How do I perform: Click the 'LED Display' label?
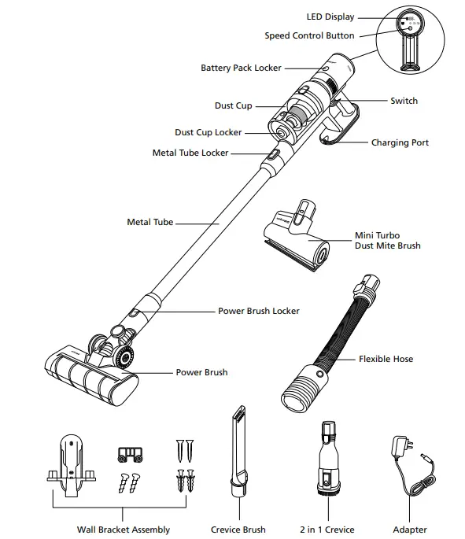(x=330, y=17)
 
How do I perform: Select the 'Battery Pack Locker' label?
(x=241, y=68)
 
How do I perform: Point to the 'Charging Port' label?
(x=400, y=143)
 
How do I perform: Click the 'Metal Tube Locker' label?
(x=190, y=153)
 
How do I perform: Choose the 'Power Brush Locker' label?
(x=258, y=312)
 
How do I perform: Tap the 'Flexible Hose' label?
(x=386, y=360)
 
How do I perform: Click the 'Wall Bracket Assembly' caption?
(x=124, y=530)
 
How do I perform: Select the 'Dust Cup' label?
(x=233, y=105)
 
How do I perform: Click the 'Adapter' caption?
(x=409, y=530)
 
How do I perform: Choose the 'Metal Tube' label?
(x=149, y=223)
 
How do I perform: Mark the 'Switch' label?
(x=404, y=102)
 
